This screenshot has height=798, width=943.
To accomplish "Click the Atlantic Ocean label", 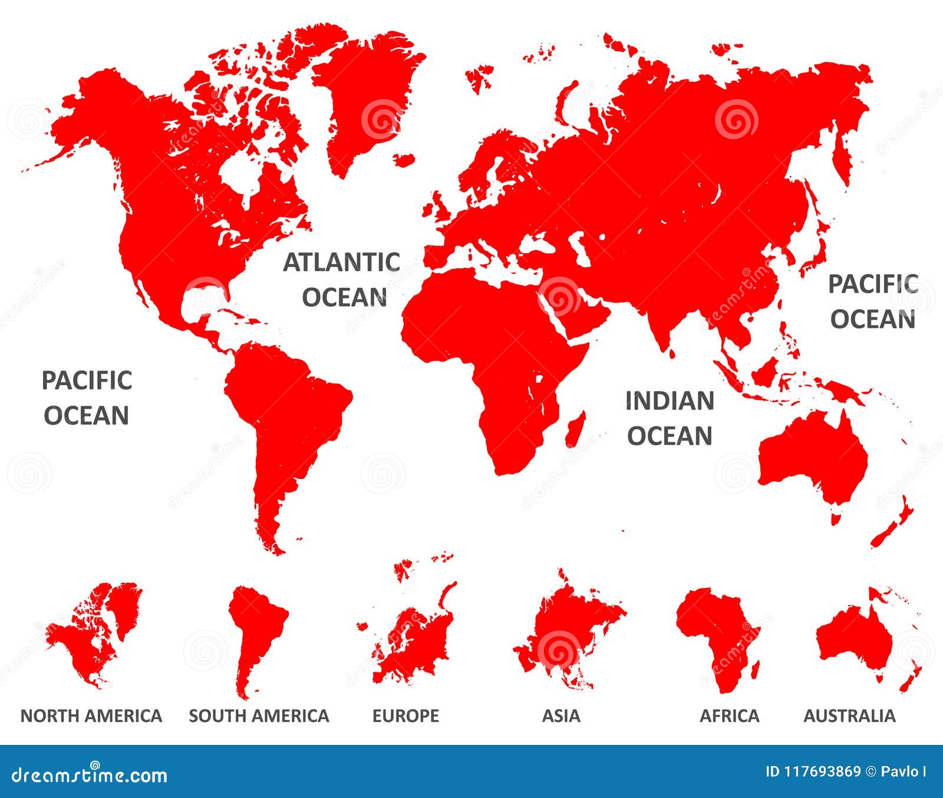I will click(342, 280).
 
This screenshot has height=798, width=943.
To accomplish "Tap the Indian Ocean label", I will click(670, 418).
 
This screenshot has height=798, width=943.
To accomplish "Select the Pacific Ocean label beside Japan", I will click(873, 301).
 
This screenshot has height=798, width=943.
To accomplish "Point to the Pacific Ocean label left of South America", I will click(87, 398).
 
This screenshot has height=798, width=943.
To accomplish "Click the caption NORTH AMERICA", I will click(91, 716).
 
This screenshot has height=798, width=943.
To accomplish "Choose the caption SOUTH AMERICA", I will click(259, 716).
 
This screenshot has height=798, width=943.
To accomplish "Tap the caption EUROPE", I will click(405, 716).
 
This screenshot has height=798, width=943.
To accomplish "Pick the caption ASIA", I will click(561, 716).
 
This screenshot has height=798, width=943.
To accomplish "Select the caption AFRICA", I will click(729, 716).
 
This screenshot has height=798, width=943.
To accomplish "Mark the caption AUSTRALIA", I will click(849, 716).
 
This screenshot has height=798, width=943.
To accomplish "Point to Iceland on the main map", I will click(404, 159).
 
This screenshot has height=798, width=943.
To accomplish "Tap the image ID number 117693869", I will click(813, 771).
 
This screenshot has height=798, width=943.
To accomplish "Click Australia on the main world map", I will click(813, 460).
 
